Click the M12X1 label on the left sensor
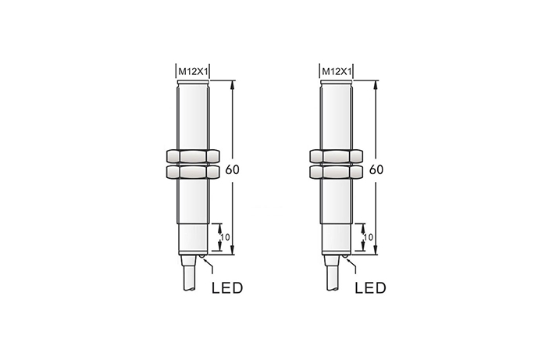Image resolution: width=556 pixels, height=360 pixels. pos(193,72)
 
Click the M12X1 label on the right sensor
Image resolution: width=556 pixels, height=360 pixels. pos(337,72)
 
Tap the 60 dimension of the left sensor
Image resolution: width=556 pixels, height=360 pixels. pos(232,169)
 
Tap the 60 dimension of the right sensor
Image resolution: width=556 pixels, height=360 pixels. pos(376,169)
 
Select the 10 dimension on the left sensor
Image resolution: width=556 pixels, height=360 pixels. pos(225,237)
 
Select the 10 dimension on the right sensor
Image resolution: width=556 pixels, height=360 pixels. pos(369,237)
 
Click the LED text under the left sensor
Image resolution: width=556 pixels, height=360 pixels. pos(227,288)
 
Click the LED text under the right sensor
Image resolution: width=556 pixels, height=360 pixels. pos(371,288)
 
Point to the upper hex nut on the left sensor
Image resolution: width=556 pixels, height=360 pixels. pos(193,156)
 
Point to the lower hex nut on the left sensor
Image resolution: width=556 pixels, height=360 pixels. pos(193,172)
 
